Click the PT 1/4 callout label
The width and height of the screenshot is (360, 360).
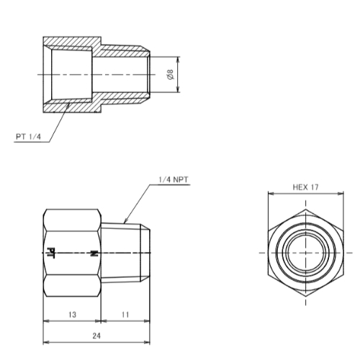pyautogui.click(x=28, y=137)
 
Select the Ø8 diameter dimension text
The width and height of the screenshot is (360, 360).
pyautogui.click(x=170, y=75)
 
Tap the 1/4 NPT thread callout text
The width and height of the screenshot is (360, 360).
pyautogui.click(x=174, y=179)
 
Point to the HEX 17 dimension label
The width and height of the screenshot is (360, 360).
pyautogui.click(x=305, y=187)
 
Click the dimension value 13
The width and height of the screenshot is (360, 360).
pyautogui.click(x=72, y=315)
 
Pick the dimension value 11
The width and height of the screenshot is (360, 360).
pyautogui.click(x=125, y=315)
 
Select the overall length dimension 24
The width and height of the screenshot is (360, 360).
pyautogui.click(x=96, y=336)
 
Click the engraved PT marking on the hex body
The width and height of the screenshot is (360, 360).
pyautogui.click(x=51, y=253)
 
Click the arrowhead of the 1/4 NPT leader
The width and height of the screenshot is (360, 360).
pyautogui.click(x=125, y=221)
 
